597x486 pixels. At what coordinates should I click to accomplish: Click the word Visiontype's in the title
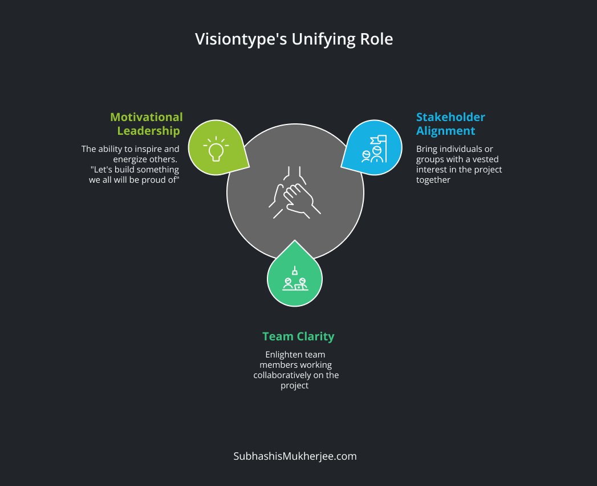click(241, 39)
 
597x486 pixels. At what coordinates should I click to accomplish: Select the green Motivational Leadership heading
click(147, 123)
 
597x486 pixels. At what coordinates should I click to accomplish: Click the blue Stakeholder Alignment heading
click(450, 123)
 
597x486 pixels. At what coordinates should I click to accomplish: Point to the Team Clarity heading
click(299, 336)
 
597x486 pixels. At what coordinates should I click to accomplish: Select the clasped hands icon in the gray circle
click(295, 192)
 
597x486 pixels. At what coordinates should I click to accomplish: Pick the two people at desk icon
click(295, 284)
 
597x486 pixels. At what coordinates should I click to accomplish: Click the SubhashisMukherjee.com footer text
click(295, 456)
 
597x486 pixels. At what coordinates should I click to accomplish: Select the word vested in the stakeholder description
click(485, 159)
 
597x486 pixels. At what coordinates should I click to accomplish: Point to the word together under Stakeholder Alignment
click(433, 180)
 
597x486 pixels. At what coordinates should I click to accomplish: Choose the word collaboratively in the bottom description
click(282, 375)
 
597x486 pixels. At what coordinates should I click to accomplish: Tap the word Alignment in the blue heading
click(445, 131)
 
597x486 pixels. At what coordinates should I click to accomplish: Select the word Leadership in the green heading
click(148, 131)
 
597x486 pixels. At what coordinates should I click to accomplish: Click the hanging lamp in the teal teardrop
click(294, 271)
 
